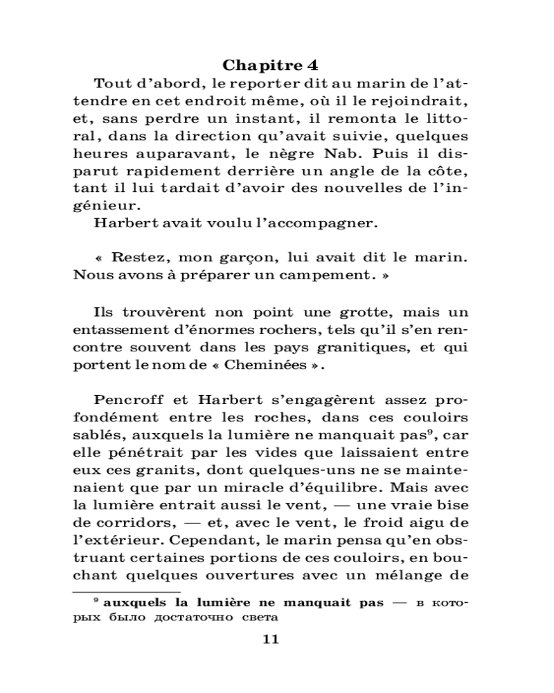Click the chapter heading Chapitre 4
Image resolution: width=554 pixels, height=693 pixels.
pyautogui.click(x=271, y=65)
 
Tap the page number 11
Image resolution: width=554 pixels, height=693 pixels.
pyautogui.click(x=271, y=639)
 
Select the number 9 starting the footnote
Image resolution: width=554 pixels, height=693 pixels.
pyautogui.click(x=96, y=600)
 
